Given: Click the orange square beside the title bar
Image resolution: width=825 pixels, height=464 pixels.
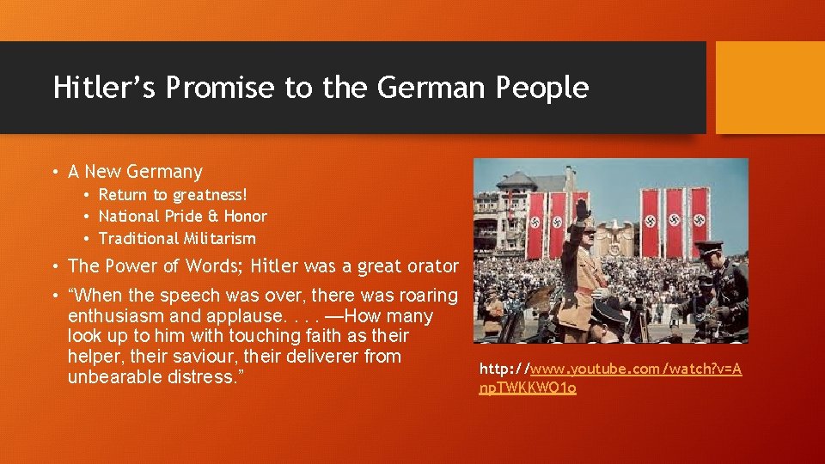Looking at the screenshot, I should pyautogui.click(x=770, y=88).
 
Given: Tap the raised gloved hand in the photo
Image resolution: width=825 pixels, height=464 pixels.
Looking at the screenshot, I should pyautogui.click(x=584, y=208).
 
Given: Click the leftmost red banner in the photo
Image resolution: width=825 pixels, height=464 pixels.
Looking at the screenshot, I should pyautogui.click(x=537, y=225).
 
